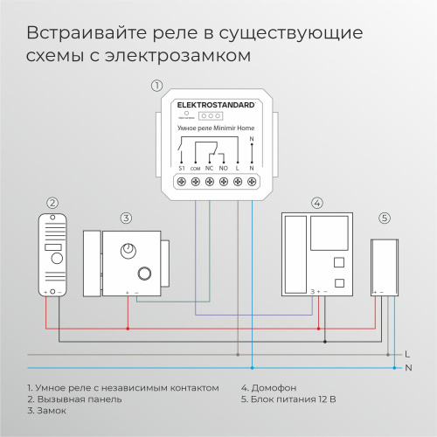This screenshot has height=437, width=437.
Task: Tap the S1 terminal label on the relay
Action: (182, 167)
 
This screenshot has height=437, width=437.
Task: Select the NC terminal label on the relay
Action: (210, 167)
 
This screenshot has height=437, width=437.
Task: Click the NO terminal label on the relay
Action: (224, 167)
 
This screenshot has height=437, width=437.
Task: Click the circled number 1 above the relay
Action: (156, 86)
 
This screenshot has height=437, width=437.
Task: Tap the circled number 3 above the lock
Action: (126, 218)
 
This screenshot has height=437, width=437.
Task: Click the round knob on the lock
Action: (130, 251)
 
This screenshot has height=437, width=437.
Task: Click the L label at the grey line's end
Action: (408, 354)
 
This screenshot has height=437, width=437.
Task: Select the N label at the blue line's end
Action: (408, 368)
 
